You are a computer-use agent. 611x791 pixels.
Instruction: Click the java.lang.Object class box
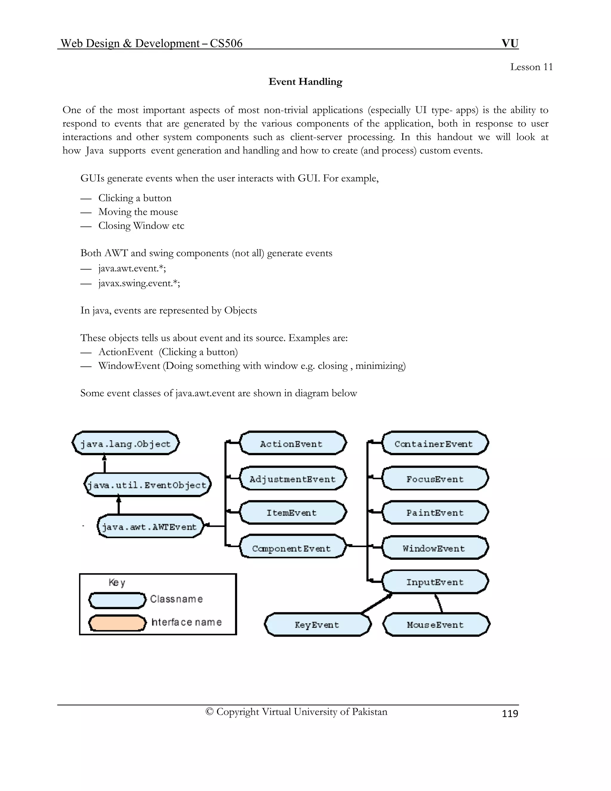coord(126,443)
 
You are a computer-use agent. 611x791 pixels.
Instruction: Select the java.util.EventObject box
coord(147,484)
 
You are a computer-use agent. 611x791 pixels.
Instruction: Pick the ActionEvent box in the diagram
coord(292,443)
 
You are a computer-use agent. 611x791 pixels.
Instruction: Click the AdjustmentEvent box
coord(292,478)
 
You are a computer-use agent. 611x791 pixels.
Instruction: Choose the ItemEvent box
coord(292,513)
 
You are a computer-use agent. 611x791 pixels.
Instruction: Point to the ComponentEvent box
coord(292,548)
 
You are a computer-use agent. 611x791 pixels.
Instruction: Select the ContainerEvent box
coord(434,443)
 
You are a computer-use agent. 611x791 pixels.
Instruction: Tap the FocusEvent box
coord(434,478)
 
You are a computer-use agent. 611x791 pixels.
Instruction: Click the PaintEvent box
coord(434,513)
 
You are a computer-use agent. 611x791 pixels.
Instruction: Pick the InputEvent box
coord(434,582)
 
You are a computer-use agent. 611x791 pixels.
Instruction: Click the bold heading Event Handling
coord(305,81)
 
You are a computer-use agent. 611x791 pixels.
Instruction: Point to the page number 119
coord(510,713)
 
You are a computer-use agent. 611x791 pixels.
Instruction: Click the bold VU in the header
coord(510,43)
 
